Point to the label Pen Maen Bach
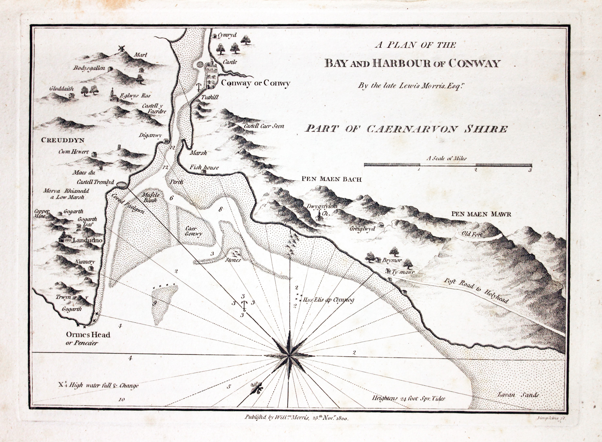pyautogui.click(x=331, y=179)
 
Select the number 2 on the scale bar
pyautogui.click(x=475, y=170)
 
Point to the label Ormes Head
pyautogui.click(x=88, y=335)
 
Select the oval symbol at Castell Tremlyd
pyautogui.click(x=121, y=185)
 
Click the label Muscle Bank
pyautogui.click(x=151, y=197)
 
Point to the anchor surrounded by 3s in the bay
pyautogui.click(x=244, y=305)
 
